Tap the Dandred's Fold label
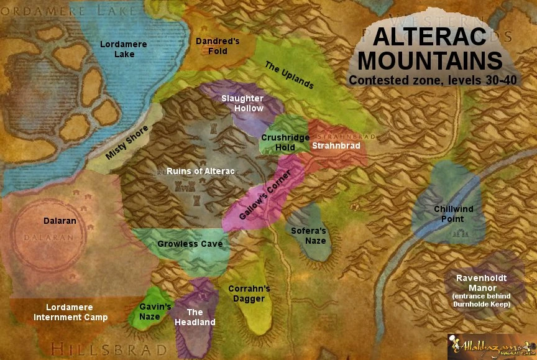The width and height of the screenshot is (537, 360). pyautogui.click(x=218, y=46)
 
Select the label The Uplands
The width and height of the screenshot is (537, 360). pyautogui.click(x=289, y=75)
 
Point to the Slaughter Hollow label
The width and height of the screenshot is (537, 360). pyautogui.click(x=242, y=103)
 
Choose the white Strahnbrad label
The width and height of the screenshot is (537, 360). pyautogui.click(x=336, y=145)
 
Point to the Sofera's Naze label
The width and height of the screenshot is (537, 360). pyautogui.click(x=308, y=236)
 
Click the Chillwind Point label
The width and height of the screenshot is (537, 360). pyautogui.click(x=449, y=214)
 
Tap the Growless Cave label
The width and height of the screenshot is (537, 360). pyautogui.click(x=190, y=244)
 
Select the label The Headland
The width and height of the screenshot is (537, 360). pyautogui.click(x=195, y=317)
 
